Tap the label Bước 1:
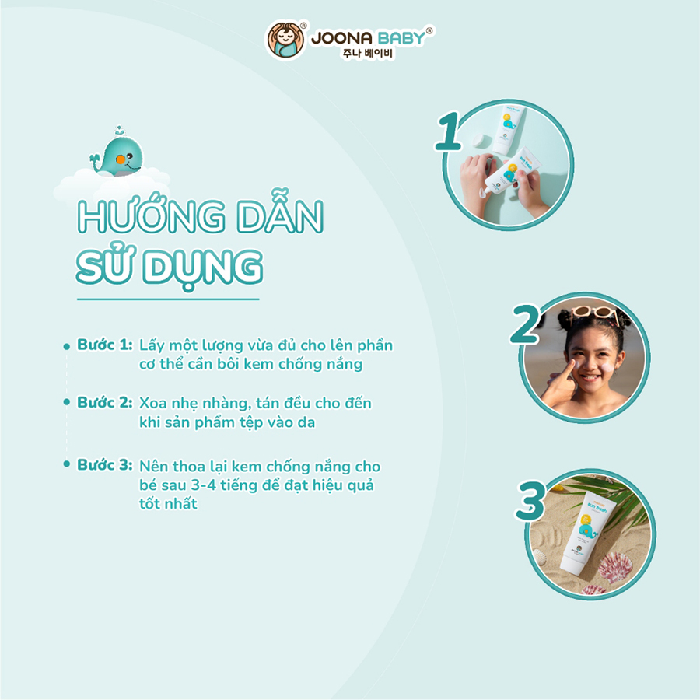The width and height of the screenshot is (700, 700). click(104, 345)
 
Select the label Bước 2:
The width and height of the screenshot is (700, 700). click(104, 403)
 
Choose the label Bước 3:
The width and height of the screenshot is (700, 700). click(104, 465)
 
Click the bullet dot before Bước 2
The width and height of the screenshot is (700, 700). click(67, 404)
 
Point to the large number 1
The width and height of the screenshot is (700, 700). click(449, 132)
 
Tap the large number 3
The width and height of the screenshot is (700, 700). click(530, 500)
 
